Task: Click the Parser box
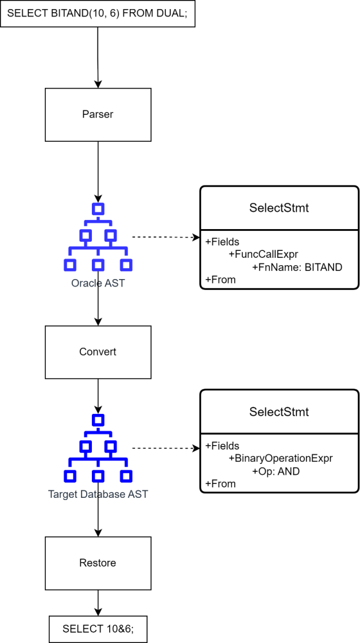click(x=98, y=114)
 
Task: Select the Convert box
click(x=98, y=352)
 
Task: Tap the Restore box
click(x=98, y=563)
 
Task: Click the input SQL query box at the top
click(x=98, y=13)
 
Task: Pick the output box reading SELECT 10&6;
click(x=98, y=629)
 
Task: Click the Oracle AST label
click(x=98, y=283)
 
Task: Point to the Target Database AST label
click(x=98, y=494)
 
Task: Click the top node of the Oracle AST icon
click(x=98, y=208)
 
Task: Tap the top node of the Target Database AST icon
click(x=98, y=420)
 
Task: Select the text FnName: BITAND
click(x=297, y=267)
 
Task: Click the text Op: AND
click(x=276, y=471)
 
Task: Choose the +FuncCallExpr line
click(x=264, y=254)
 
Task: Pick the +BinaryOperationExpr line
click(x=281, y=459)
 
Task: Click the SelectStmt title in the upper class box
click(x=279, y=208)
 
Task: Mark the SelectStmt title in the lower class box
click(x=279, y=412)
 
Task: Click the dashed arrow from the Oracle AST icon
click(x=164, y=237)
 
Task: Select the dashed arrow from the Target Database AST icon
click(x=164, y=448)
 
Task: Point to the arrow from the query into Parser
click(x=98, y=57)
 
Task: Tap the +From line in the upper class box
click(x=220, y=280)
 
